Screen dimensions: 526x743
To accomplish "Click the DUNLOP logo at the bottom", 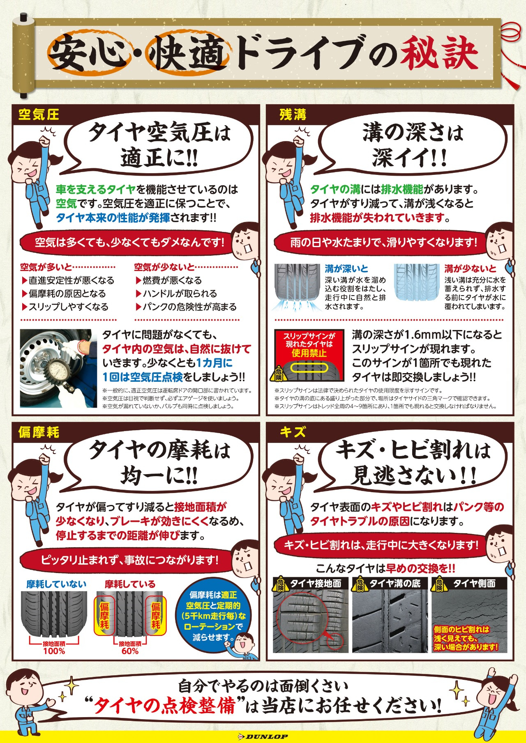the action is click(x=263, y=737).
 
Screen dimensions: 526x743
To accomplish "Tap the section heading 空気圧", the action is click(x=39, y=115).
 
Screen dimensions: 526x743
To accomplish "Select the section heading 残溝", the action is click(x=293, y=115).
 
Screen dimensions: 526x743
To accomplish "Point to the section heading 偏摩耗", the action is click(x=39, y=432).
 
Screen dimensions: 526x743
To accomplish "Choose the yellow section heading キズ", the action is click(x=293, y=432).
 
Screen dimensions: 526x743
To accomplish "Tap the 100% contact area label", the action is click(x=54, y=651).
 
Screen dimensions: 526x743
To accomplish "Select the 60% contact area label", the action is click(x=130, y=651).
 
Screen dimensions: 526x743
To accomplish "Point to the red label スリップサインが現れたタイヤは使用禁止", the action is click(x=309, y=344).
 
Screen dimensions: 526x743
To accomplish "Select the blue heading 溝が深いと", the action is click(x=346, y=269).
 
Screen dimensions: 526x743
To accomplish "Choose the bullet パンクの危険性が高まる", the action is click(x=186, y=307).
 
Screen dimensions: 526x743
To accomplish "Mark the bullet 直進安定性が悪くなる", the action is click(x=68, y=280).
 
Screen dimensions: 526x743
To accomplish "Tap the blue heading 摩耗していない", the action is click(x=56, y=584).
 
